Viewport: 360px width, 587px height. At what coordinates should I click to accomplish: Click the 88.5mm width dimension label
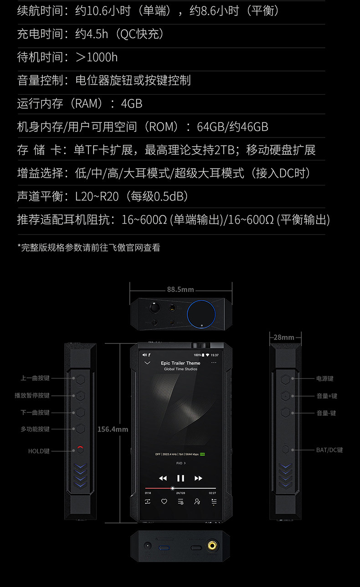pyautogui.click(x=180, y=289)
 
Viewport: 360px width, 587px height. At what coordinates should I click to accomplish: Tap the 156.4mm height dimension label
pyautogui.click(x=113, y=429)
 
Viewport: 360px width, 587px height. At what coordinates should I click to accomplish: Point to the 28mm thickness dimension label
pyautogui.click(x=284, y=337)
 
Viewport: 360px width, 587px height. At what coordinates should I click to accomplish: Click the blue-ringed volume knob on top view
pyautogui.click(x=202, y=313)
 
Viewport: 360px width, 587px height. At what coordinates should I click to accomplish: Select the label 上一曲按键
pyautogui.click(x=35, y=378)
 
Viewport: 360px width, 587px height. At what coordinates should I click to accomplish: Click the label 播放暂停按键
pyautogui.click(x=32, y=395)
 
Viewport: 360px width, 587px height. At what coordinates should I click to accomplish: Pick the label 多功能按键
pyautogui.click(x=35, y=429)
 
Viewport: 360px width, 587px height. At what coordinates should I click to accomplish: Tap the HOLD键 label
pyautogui.click(x=39, y=451)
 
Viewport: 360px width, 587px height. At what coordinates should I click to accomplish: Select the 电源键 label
pyautogui.click(x=325, y=378)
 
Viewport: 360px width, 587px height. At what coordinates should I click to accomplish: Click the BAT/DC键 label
pyautogui.click(x=329, y=450)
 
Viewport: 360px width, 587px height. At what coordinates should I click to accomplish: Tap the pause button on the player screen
pyautogui.click(x=180, y=478)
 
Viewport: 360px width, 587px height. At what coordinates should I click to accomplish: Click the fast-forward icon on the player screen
pyautogui.click(x=198, y=478)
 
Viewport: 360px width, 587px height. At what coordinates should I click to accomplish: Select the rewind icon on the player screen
pyautogui.click(x=163, y=478)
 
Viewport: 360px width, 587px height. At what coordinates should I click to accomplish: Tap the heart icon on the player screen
pyautogui.click(x=164, y=501)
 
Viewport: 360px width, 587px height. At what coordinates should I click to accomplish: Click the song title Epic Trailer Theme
pyautogui.click(x=180, y=363)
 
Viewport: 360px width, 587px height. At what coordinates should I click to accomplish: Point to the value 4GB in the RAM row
pyautogui.click(x=132, y=103)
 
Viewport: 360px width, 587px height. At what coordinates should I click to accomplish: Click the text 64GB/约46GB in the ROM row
pyautogui.click(x=232, y=127)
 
